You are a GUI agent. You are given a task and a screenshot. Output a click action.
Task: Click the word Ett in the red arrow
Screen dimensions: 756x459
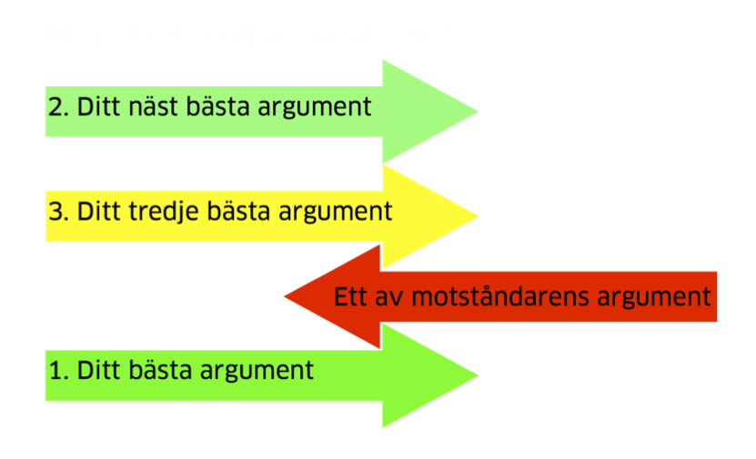pyautogui.click(x=350, y=296)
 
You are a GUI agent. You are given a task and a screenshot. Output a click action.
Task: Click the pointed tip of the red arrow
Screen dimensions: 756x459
pyautogui.click(x=285, y=296)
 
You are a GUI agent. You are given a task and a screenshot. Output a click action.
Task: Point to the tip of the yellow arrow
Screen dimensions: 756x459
pyautogui.click(x=478, y=215)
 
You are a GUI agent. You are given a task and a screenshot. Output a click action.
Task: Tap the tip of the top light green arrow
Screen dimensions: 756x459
pyautogui.click(x=478, y=111)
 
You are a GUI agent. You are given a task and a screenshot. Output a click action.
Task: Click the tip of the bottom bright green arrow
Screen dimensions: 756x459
pyautogui.click(x=478, y=375)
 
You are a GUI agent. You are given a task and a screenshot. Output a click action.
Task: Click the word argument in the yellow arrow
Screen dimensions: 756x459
pyautogui.click(x=336, y=214)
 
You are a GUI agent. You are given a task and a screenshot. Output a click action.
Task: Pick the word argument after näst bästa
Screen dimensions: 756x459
pyautogui.click(x=315, y=109)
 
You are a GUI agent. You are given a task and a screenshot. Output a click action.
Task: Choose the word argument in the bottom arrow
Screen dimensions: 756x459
pyautogui.click(x=257, y=373)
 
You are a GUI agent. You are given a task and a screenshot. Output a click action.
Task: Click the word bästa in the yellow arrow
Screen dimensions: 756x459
pyautogui.click(x=238, y=212)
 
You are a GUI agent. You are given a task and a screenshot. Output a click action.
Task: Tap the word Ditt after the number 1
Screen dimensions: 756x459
pyautogui.click(x=99, y=370)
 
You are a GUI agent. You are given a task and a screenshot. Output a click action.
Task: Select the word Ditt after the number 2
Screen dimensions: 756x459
pyautogui.click(x=99, y=106)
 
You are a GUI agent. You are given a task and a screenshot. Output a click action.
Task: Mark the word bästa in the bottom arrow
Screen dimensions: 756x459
pyautogui.click(x=160, y=370)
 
